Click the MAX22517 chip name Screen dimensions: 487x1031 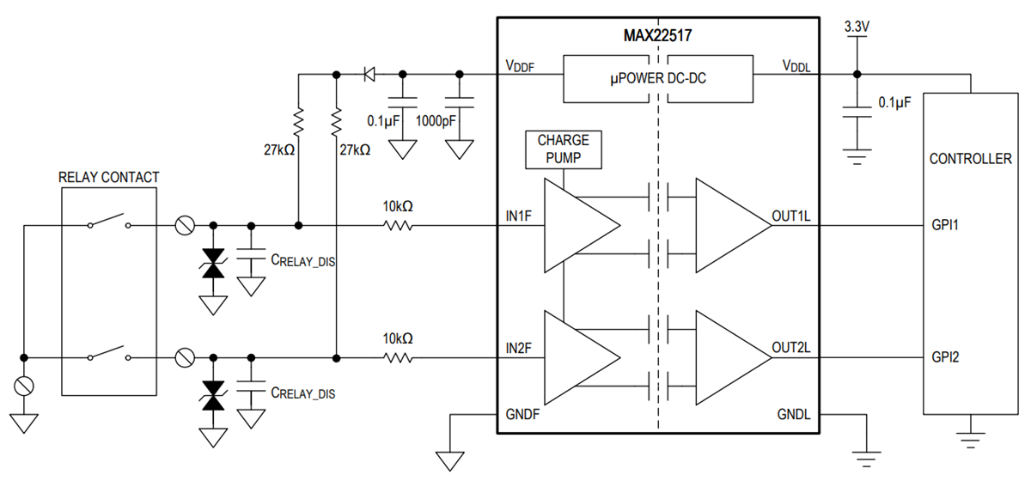658,37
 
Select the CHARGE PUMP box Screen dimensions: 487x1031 564,149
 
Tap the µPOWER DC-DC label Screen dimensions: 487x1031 659,78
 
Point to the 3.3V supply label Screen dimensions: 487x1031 857,27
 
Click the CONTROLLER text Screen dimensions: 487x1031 970,159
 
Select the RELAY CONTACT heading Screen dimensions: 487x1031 108,178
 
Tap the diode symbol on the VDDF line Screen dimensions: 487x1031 369,74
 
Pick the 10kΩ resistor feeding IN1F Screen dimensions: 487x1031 398,226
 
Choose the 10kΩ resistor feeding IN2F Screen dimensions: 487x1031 398,356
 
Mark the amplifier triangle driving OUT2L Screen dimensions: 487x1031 732,356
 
